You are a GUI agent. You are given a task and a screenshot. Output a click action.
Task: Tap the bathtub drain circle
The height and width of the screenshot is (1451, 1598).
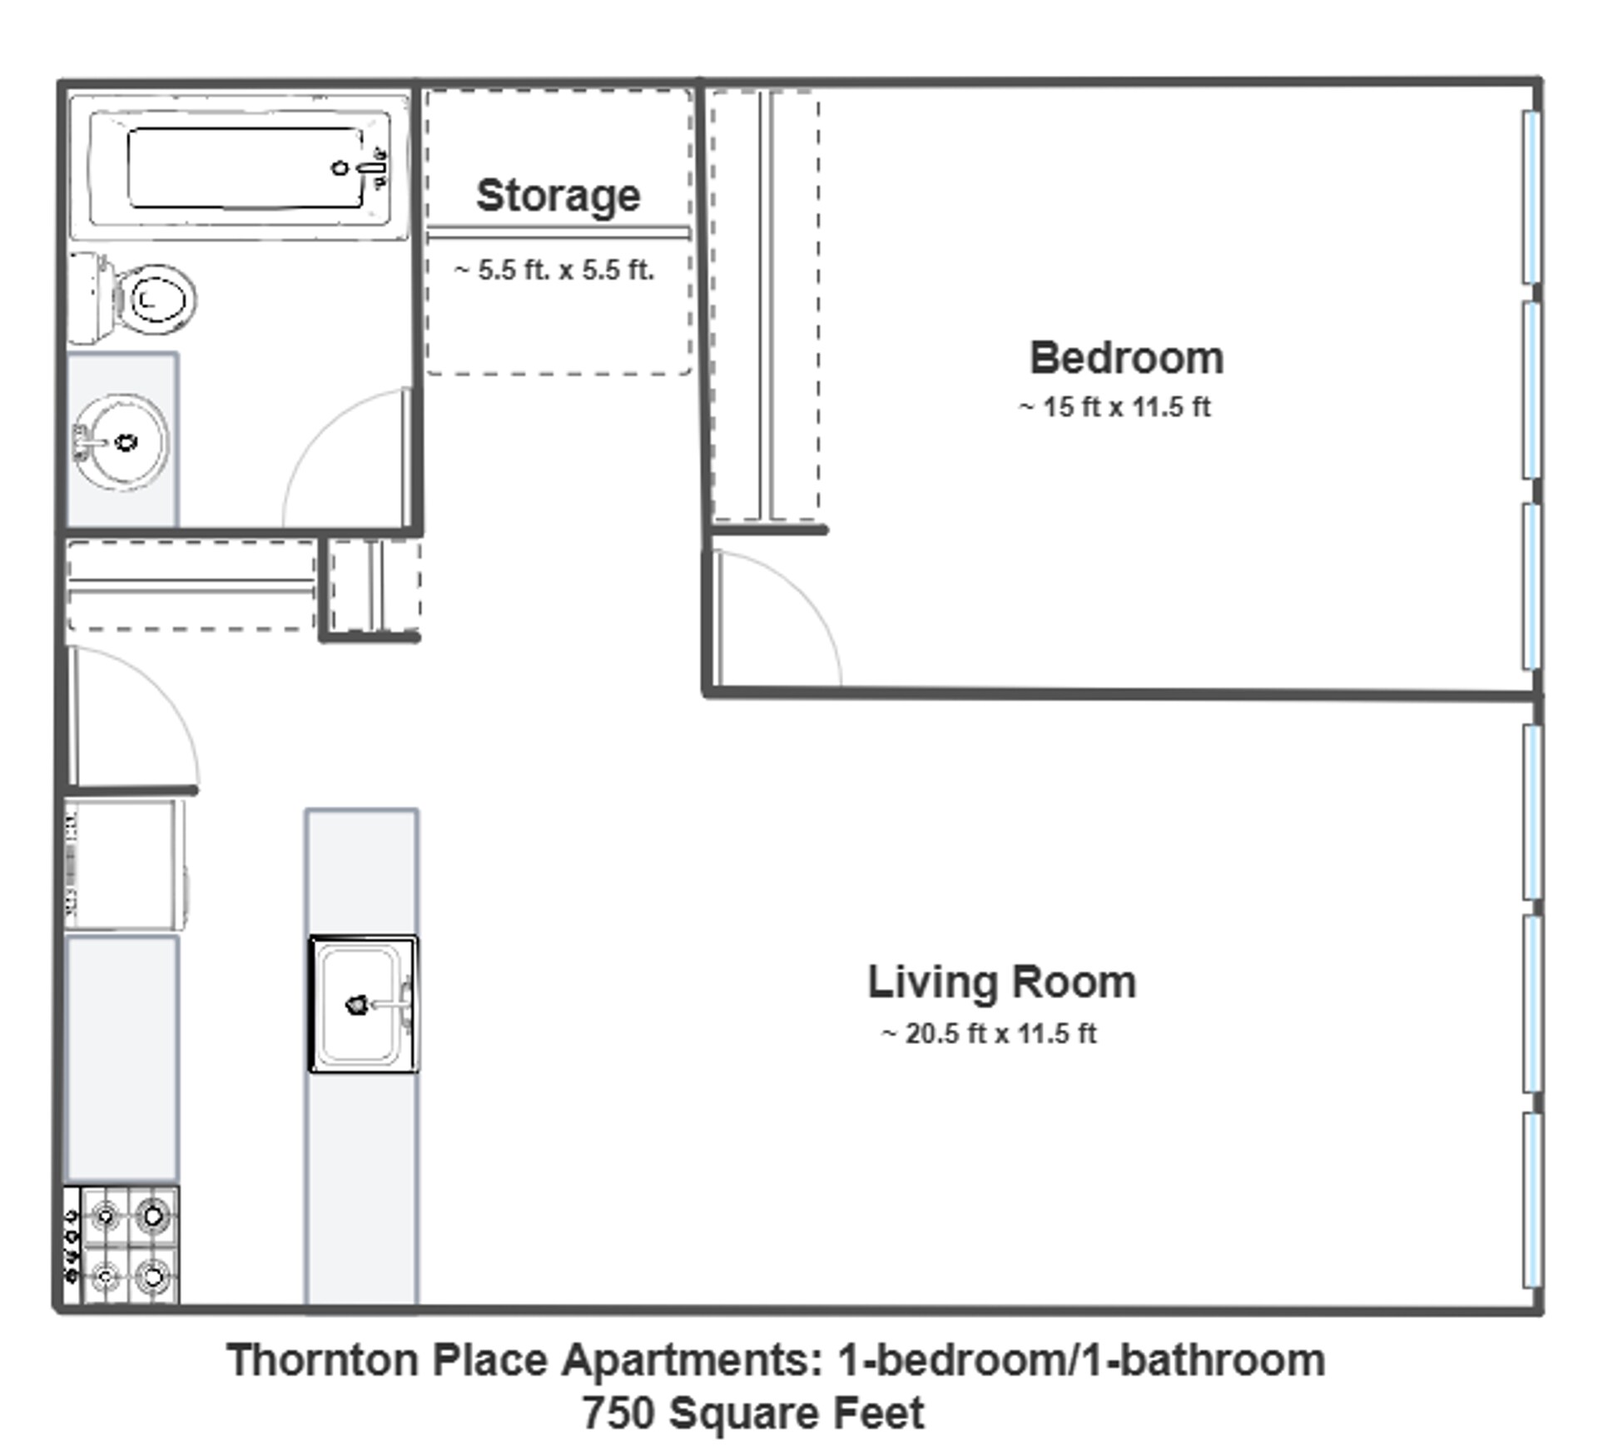[340, 168]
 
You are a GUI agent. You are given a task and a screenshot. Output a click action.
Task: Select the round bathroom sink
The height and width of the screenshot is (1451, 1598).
[122, 442]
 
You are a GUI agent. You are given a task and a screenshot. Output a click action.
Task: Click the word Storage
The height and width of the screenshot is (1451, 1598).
[558, 196]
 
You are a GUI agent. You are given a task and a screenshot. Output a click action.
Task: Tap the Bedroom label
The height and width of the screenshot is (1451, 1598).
[1126, 359]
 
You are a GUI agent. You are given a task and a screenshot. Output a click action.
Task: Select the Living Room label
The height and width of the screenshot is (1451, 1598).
[1001, 982]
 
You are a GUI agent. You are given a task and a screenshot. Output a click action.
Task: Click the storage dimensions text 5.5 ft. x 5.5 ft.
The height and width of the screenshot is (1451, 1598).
[555, 271]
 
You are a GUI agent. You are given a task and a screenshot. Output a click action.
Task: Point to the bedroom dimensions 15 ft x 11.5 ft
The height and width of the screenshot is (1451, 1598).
[1115, 408]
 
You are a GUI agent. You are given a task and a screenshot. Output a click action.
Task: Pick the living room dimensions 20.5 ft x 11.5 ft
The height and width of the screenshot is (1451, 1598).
[990, 1034]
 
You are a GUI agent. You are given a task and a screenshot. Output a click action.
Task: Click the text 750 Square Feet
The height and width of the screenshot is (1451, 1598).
[752, 1413]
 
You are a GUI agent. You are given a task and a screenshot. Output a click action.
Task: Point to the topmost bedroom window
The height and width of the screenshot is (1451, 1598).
[1531, 197]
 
